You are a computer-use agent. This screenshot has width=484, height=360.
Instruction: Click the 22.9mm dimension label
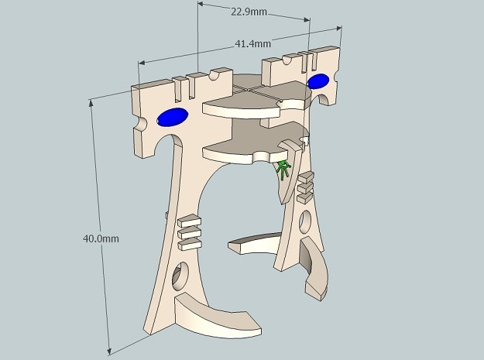pyautogui.click(x=249, y=12)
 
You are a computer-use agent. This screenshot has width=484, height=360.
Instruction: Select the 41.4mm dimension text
pyautogui.click(x=252, y=44)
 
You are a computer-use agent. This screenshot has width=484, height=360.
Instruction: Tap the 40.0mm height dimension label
pyautogui.click(x=101, y=238)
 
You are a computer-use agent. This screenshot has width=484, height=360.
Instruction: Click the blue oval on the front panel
pyautogui.click(x=172, y=117)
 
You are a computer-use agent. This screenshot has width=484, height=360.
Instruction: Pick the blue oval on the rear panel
pyautogui.click(x=318, y=81)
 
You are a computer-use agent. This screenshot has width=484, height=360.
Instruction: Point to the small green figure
pyautogui.click(x=283, y=170)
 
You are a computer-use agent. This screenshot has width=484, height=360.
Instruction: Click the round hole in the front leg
pyautogui.click(x=180, y=276)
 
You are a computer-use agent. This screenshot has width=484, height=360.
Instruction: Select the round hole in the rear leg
pyautogui.click(x=305, y=221)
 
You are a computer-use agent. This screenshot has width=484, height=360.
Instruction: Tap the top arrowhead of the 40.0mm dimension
pyautogui.click(x=91, y=102)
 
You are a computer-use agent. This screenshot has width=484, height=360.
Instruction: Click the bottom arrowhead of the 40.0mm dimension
pyautogui.click(x=109, y=351)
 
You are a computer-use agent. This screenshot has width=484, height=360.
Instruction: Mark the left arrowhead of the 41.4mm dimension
pyautogui.click(x=142, y=63)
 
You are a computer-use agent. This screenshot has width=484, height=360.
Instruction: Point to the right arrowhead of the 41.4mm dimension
pyautogui.click(x=339, y=28)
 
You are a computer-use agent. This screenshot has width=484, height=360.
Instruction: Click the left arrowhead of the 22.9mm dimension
pyautogui.click(x=201, y=5)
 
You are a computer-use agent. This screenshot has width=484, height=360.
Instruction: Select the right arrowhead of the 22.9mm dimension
pyautogui.click(x=307, y=20)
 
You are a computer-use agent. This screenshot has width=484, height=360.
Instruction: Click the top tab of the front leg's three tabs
pyautogui.click(x=190, y=221)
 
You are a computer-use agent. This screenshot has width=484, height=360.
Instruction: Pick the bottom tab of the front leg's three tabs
pyautogui.click(x=190, y=244)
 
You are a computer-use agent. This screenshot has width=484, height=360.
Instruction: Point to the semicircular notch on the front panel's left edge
pyautogui.click(x=141, y=124)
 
